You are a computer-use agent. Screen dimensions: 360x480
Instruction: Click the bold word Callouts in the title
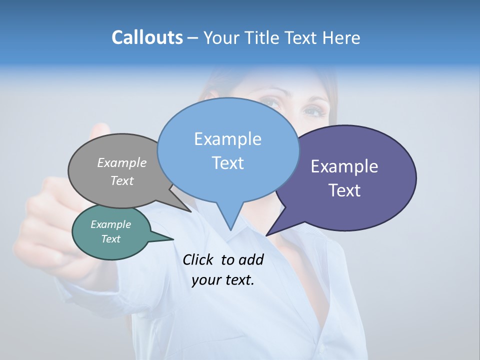[x=147, y=37]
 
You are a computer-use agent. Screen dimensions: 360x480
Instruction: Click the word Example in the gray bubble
[x=122, y=162]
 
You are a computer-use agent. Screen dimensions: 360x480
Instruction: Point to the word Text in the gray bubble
[x=122, y=180]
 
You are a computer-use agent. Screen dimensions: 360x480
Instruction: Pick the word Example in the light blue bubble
[x=227, y=139]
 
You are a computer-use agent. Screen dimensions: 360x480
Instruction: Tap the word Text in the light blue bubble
[x=227, y=163]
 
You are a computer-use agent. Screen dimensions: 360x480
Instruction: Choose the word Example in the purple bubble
[x=344, y=166]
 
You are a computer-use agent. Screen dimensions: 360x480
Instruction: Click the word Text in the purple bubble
[x=344, y=190]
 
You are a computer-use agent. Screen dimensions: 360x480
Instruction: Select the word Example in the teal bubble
[x=110, y=224]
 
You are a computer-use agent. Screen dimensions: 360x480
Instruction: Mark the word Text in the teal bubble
[x=110, y=239]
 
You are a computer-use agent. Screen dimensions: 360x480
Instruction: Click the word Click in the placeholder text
[x=198, y=259]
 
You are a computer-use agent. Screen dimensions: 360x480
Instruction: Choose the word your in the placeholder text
[x=205, y=280]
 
